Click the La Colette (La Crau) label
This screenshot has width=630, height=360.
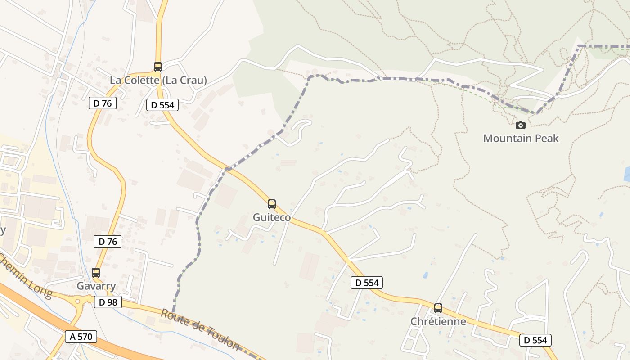click(158, 81)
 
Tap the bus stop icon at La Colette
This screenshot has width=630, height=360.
click(157, 67)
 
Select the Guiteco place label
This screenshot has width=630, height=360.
click(271, 217)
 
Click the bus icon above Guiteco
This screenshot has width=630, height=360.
click(271, 204)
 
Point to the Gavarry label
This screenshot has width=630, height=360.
click(96, 286)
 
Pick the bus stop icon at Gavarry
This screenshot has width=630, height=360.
click(95, 273)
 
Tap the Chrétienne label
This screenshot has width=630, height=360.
click(438, 321)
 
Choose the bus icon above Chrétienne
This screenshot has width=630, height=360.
click(438, 308)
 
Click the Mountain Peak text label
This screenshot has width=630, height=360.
click(521, 138)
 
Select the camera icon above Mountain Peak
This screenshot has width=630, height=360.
click(521, 125)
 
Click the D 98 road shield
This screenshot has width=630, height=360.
click(108, 302)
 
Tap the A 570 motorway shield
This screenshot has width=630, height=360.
click(81, 336)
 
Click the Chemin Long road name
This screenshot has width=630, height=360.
click(25, 275)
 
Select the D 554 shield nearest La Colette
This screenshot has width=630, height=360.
click(162, 105)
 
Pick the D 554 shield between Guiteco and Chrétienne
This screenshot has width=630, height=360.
click(366, 283)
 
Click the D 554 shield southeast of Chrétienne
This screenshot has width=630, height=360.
click(535, 340)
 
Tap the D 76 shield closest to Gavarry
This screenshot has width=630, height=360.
click(108, 242)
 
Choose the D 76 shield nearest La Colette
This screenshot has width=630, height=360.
click(103, 103)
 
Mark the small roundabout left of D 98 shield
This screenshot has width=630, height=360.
click(77, 301)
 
